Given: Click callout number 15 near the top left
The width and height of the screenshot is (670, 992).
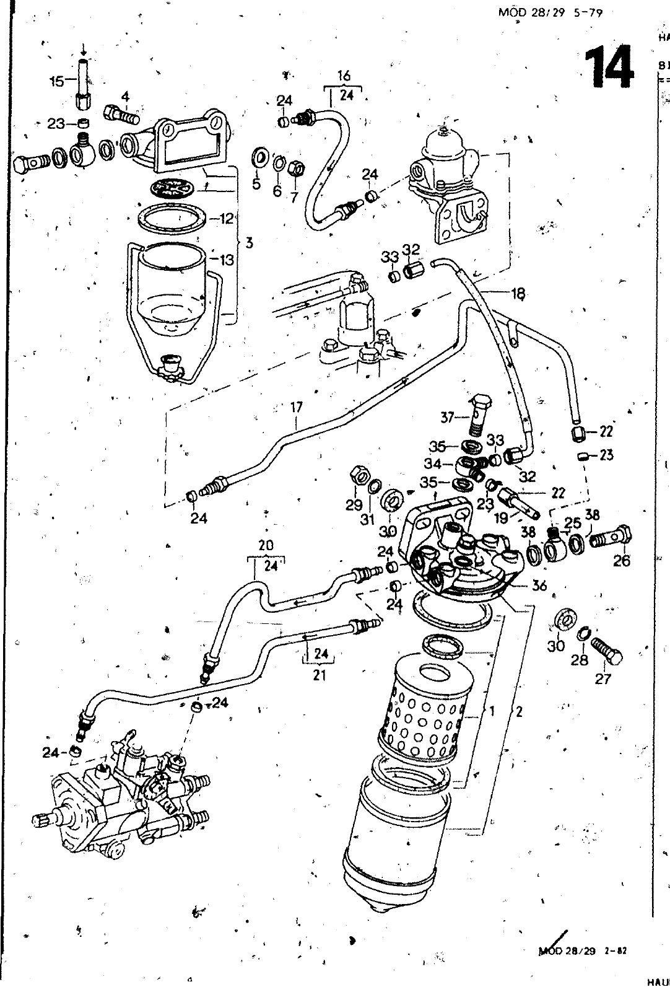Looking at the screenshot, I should (x=56, y=81).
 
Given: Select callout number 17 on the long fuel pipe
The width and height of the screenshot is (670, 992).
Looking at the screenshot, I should (x=297, y=408).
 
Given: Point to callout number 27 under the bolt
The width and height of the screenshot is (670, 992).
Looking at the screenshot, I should (x=603, y=678).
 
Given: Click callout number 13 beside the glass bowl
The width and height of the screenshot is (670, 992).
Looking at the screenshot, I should (x=227, y=260).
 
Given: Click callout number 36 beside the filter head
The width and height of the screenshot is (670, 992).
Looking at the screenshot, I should (x=539, y=585).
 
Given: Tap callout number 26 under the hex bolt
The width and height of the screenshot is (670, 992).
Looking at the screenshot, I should (x=621, y=561).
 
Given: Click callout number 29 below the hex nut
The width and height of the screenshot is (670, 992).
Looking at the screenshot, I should (x=354, y=505).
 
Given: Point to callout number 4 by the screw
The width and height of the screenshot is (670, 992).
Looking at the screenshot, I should (x=126, y=96).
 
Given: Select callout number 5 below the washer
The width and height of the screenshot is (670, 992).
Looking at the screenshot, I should (x=256, y=185).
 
